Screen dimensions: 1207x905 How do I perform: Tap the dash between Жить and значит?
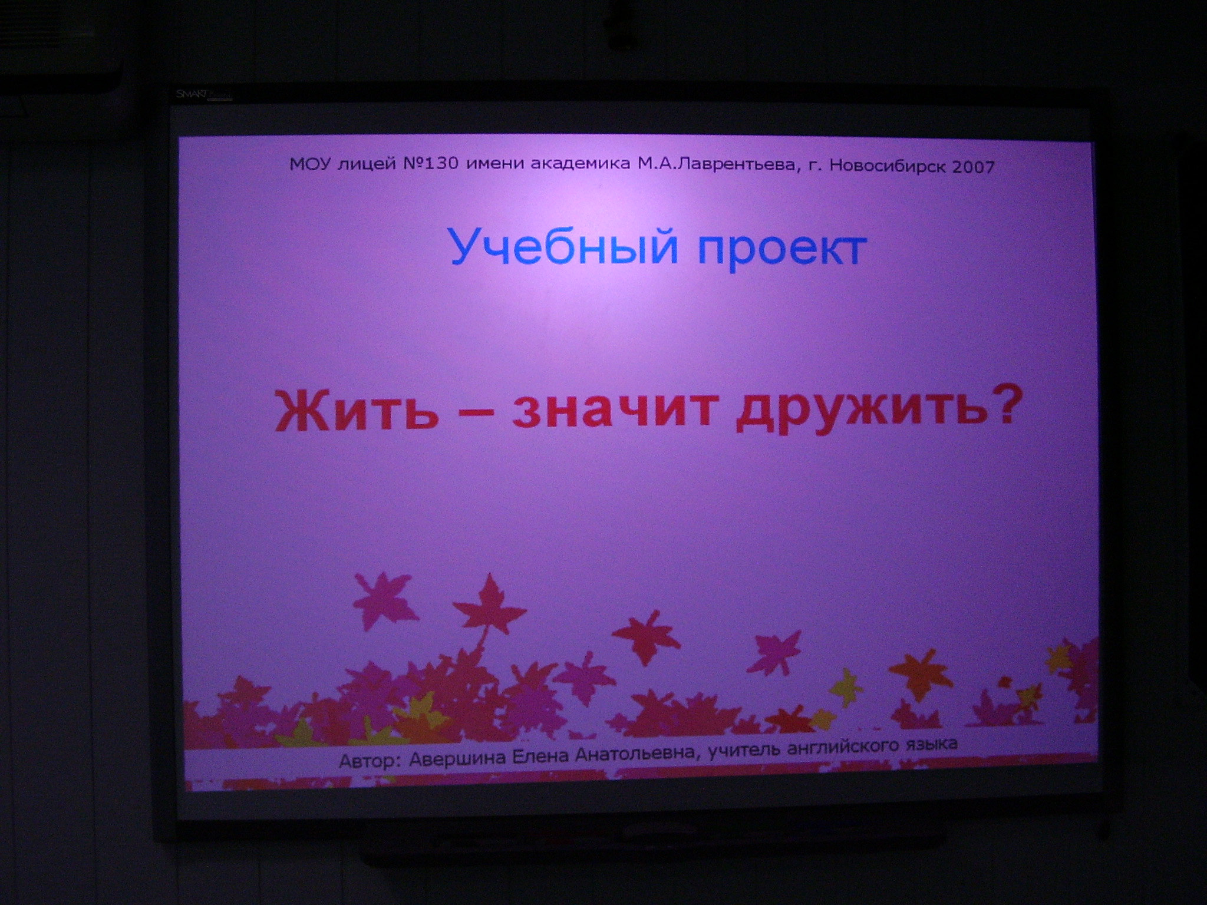click(x=475, y=414)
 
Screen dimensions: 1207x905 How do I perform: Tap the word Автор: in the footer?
click(x=368, y=762)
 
